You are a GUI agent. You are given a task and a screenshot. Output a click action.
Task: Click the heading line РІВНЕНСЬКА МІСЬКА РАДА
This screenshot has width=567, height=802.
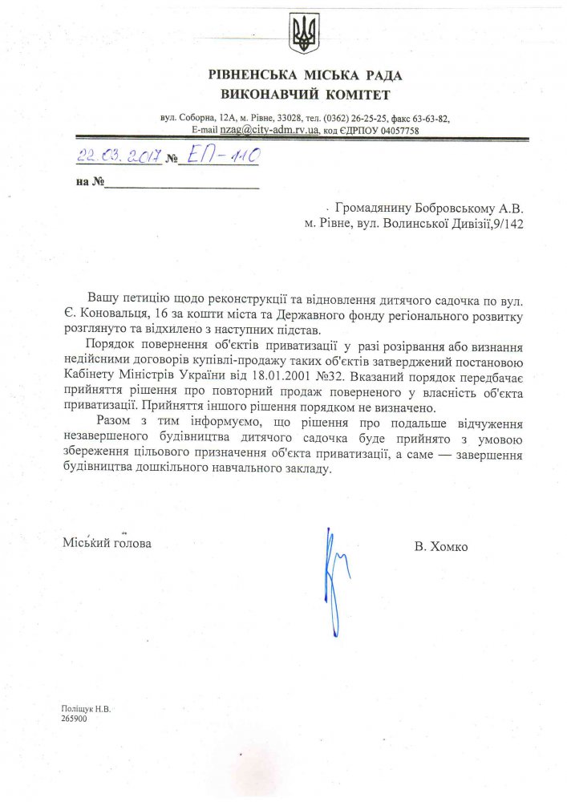pos(305,75)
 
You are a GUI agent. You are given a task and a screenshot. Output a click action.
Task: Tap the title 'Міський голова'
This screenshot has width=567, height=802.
pos(106,543)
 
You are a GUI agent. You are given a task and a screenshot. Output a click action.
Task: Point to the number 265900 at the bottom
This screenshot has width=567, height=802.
pos(74,719)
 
